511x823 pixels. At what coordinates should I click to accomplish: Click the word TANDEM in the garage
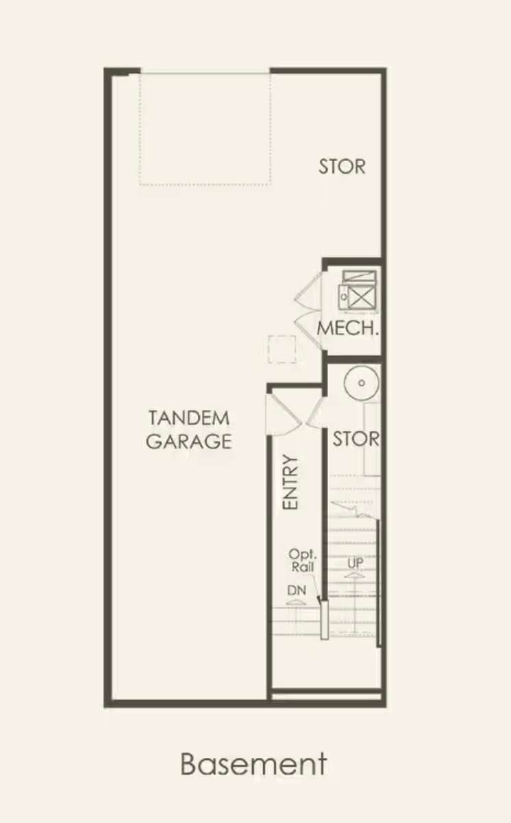click(189, 418)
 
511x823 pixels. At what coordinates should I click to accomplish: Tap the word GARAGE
click(189, 441)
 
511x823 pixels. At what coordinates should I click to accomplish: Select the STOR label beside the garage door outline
click(342, 167)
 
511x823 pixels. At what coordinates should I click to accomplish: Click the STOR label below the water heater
click(356, 439)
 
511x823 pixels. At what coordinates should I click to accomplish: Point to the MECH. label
click(347, 328)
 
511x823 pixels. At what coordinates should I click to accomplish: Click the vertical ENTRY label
click(290, 482)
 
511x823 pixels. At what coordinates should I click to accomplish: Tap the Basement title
click(253, 764)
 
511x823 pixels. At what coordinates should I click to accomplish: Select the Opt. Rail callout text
click(302, 560)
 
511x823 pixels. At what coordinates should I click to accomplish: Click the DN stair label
click(297, 590)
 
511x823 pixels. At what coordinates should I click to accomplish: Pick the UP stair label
click(355, 563)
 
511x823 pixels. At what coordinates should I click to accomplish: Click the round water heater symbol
click(362, 383)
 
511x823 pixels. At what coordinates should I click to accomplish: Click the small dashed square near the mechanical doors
click(282, 349)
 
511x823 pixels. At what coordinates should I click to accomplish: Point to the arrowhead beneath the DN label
click(296, 602)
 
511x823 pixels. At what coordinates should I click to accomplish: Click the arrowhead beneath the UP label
click(355, 575)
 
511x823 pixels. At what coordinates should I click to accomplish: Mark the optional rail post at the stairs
click(324, 620)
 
